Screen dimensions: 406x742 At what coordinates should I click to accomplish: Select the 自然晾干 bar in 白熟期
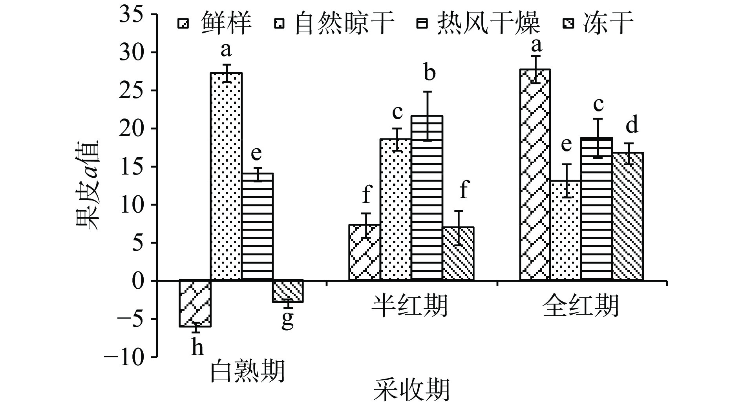(226, 177)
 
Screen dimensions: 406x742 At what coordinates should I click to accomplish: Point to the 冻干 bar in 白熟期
(288, 291)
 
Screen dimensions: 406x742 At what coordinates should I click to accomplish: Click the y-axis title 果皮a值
(88, 185)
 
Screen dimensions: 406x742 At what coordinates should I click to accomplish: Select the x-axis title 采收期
(411, 390)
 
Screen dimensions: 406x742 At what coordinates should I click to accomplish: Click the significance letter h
(197, 348)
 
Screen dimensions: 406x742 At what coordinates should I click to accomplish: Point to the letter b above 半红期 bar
(429, 73)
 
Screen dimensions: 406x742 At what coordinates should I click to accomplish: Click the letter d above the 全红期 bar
(632, 126)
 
